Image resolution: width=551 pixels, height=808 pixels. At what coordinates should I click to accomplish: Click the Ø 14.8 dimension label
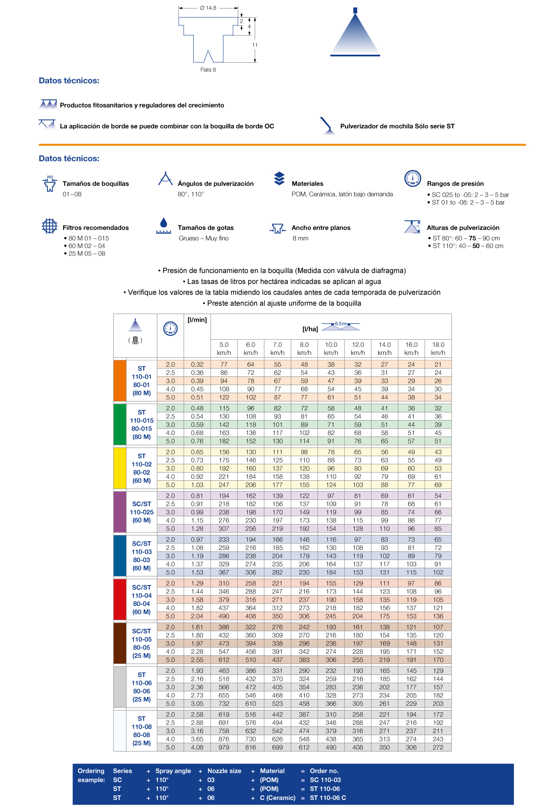pos(208,8)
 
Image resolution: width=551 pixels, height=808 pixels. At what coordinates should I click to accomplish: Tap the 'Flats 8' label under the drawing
pos(208,70)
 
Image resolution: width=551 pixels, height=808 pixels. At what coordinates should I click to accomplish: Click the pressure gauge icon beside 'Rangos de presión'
pos(412,178)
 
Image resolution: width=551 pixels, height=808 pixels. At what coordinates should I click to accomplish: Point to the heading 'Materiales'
pos(307,184)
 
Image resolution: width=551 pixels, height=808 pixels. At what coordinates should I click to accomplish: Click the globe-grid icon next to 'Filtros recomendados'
pos(50,226)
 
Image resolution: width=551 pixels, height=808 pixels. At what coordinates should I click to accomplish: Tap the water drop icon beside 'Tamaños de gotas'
pos(164,225)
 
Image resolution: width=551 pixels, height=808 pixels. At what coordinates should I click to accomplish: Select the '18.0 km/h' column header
pos(438,348)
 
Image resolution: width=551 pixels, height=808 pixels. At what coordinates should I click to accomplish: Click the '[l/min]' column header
pos(197,320)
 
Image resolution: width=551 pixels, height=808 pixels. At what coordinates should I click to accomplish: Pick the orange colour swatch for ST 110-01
pos(120,381)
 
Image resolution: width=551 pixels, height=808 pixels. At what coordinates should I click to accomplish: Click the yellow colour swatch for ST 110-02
pos(120,468)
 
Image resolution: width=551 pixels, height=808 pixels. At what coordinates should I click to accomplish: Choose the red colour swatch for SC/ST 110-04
pos(120,599)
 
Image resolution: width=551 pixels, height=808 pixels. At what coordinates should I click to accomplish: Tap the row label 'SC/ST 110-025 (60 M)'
pos(142,512)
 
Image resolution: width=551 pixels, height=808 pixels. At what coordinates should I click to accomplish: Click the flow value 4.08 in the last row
pos(197,747)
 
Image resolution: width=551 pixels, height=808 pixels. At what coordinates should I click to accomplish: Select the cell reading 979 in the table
pos(224,747)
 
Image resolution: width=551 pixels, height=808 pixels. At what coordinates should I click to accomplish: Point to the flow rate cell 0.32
pos(197,365)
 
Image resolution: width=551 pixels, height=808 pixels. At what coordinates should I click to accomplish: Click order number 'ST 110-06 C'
pos(328,797)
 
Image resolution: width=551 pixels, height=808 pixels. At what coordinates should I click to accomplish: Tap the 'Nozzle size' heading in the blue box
pos(224,771)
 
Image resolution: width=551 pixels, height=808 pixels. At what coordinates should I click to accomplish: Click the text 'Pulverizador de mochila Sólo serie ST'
pos(397,126)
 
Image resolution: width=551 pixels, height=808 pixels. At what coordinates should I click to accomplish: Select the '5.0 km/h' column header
pos(224,348)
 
